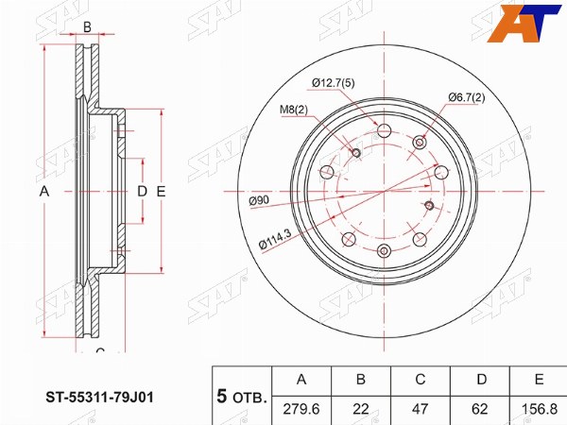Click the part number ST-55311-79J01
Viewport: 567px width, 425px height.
[x=99, y=398]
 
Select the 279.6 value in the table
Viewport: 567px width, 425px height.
[x=301, y=409]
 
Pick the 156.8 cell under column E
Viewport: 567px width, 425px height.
[x=540, y=409]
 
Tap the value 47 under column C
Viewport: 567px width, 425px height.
[x=420, y=409]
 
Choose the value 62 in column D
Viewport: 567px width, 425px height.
[x=480, y=409]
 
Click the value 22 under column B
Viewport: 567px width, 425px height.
[x=361, y=409]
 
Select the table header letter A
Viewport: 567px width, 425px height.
[x=301, y=379]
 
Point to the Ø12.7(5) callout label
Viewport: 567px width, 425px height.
[x=333, y=83]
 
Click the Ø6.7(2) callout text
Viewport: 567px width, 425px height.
[x=467, y=97]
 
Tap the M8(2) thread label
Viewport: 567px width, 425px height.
[x=294, y=110]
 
